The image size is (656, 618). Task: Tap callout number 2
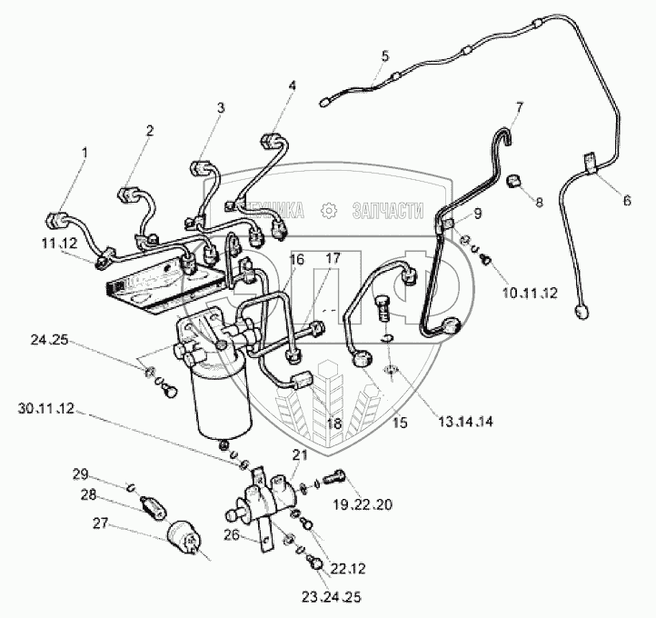point(150,131)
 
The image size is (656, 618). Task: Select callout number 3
point(221,108)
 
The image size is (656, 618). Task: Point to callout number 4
point(292,86)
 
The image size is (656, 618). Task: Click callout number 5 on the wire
point(384,56)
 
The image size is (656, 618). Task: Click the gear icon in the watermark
point(328,211)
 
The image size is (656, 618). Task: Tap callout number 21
point(299,454)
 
